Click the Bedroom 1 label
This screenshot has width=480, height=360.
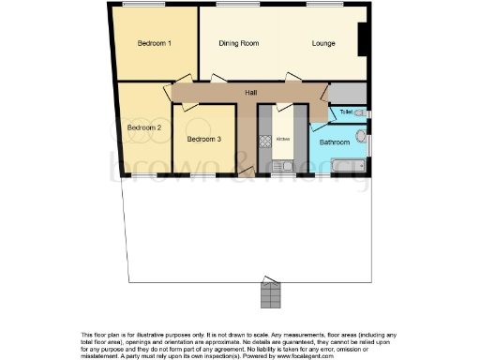pos(155,43)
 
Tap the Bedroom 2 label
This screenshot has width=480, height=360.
pos(144,127)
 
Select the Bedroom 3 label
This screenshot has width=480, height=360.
pos(203,140)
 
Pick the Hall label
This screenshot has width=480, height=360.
pos(251,93)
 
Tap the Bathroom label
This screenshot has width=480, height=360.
pos(334,142)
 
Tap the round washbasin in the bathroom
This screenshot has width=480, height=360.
pos(363,134)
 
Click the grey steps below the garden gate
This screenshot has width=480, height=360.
pos(271,296)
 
